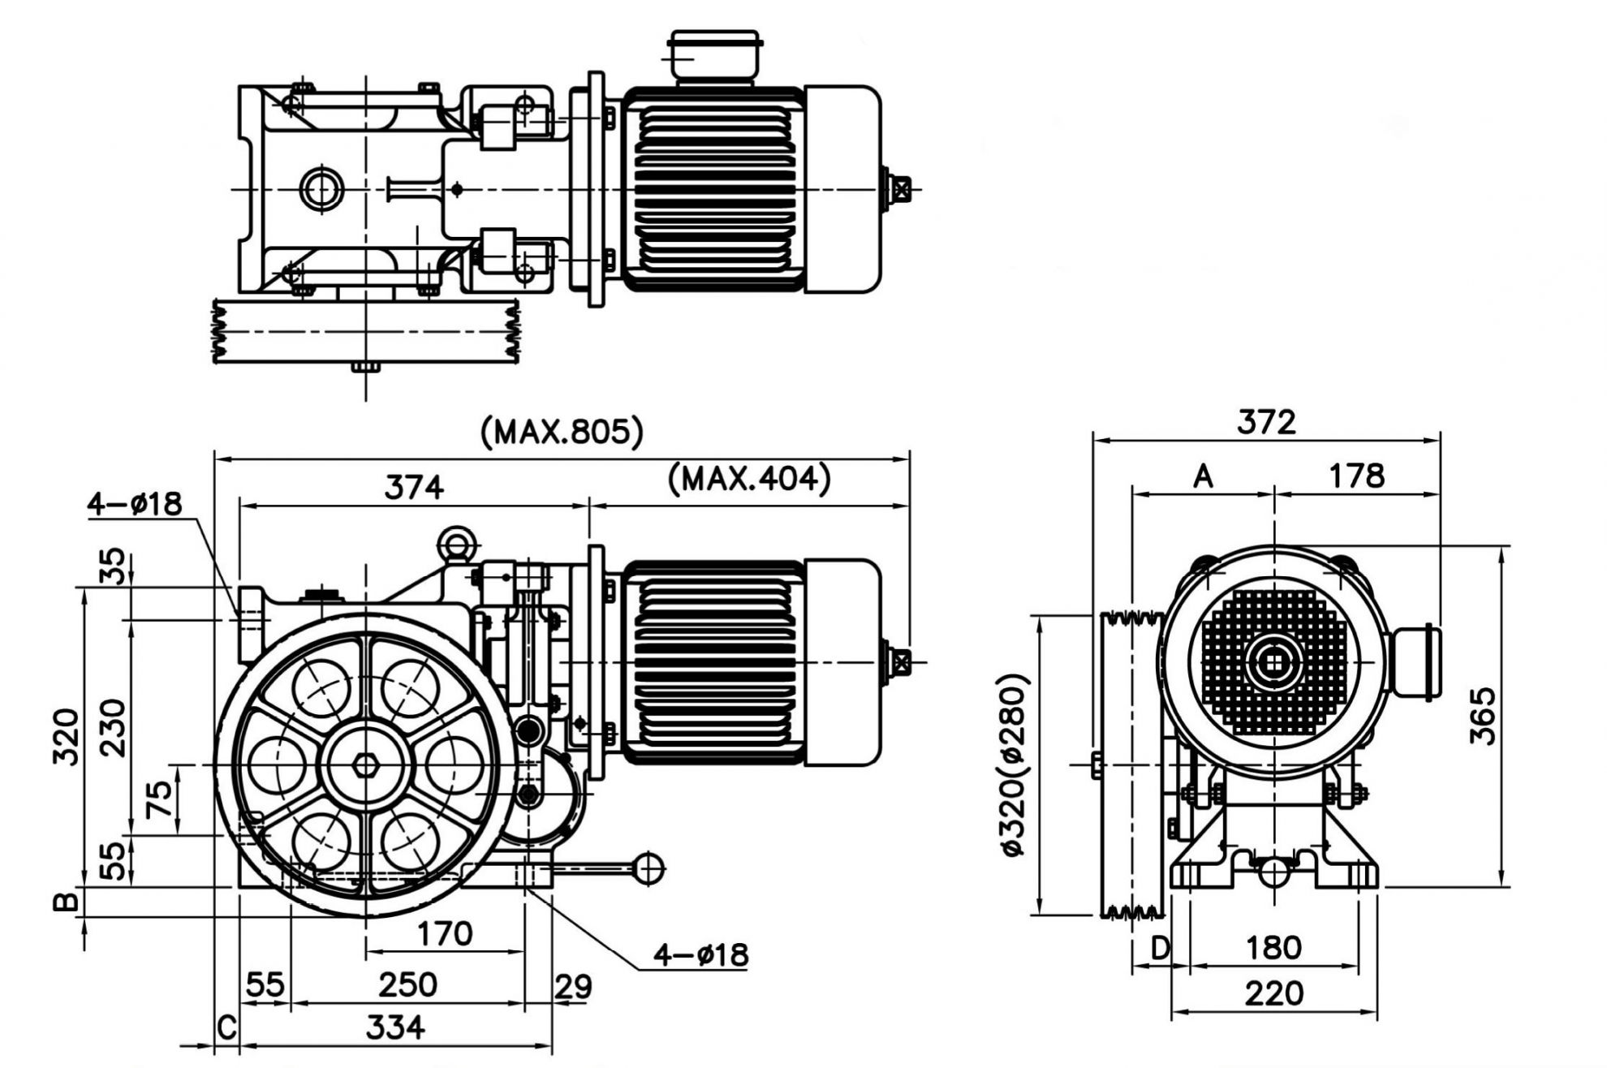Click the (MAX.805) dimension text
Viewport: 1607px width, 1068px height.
562,432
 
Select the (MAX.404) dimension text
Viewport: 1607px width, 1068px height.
749,479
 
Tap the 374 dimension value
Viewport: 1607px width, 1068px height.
414,488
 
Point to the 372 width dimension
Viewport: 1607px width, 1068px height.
1266,422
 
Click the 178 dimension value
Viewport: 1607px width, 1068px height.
1357,476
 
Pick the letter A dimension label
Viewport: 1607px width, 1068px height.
1203,476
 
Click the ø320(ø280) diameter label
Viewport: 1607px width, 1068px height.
1014,764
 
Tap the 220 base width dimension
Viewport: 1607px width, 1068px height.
1273,993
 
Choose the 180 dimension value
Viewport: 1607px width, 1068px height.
1273,947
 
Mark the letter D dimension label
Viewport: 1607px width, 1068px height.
1161,947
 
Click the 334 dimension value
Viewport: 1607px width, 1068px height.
395,1027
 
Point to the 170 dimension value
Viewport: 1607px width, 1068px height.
445,934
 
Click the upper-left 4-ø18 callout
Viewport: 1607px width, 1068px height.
135,504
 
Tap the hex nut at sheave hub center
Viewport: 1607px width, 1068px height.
366,764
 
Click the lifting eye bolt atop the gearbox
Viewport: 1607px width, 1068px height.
455,543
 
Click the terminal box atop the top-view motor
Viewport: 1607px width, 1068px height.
714,56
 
